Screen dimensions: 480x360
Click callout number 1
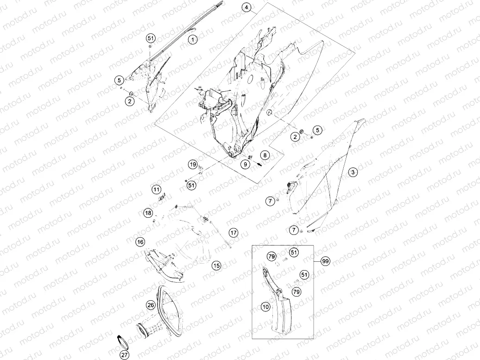(x=193, y=39)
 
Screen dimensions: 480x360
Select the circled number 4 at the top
(x=246, y=7)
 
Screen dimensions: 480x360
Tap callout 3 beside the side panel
(x=353, y=172)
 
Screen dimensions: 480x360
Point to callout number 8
(x=265, y=155)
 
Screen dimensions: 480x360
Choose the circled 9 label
(x=245, y=164)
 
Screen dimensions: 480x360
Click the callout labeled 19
(x=193, y=164)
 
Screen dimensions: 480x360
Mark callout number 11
(x=157, y=189)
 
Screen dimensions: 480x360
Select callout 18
(x=148, y=213)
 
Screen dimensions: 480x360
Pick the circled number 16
(x=140, y=242)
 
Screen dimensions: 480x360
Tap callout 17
(x=233, y=233)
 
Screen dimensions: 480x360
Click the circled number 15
(x=216, y=265)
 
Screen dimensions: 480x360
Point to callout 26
(x=151, y=305)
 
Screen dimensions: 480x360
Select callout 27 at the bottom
(x=124, y=355)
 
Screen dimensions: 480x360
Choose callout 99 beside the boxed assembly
(x=325, y=261)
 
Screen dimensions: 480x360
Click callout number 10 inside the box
(x=265, y=306)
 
